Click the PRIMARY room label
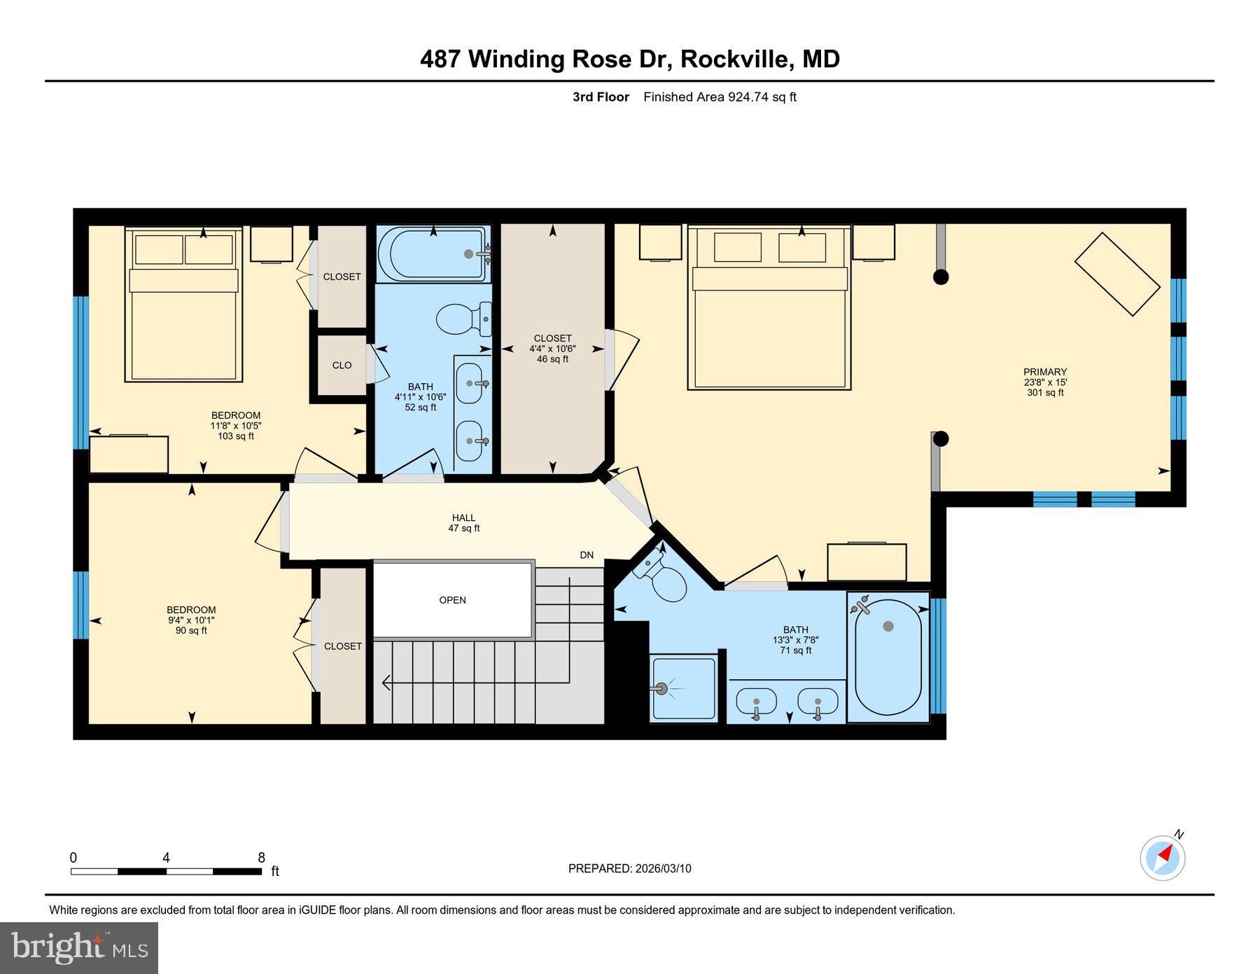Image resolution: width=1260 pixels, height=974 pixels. tap(1044, 372)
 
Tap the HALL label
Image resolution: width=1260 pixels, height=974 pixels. tap(463, 518)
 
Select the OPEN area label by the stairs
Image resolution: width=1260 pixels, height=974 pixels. tap(452, 600)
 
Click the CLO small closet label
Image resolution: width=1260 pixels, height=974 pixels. tap(342, 366)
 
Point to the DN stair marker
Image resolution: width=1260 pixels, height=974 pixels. tap(587, 555)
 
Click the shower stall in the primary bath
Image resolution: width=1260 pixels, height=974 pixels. tap(683, 688)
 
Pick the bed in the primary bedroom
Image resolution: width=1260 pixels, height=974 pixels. tap(769, 308)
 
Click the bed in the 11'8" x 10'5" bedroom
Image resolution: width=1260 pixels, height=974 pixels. tap(183, 305)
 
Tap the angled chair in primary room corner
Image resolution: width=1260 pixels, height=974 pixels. tap(1117, 274)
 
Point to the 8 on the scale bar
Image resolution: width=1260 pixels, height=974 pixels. tap(261, 858)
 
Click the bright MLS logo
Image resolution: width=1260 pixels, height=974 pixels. tap(79, 948)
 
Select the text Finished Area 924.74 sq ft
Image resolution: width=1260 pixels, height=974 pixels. tap(720, 97)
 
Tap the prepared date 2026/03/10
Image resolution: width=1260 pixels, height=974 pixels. tap(663, 868)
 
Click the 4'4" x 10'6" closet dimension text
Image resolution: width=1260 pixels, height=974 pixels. tap(552, 349)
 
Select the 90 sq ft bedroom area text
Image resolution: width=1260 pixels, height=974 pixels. tap(191, 631)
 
